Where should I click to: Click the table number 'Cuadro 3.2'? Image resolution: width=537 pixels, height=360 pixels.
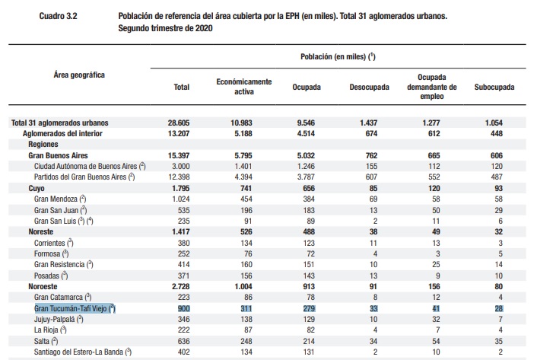click(59, 16)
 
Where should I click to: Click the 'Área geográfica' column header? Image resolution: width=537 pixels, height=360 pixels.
click(79, 75)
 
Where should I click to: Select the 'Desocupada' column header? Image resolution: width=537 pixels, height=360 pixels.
click(369, 87)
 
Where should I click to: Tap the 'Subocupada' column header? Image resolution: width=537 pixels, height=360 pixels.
click(494, 87)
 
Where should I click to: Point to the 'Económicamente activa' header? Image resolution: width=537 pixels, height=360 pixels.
click(244, 87)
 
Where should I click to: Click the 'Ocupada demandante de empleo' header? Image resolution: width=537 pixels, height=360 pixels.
click(432, 87)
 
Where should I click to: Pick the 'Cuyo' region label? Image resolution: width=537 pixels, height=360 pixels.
click(37, 189)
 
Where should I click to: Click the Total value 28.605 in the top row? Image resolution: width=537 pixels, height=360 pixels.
click(179, 123)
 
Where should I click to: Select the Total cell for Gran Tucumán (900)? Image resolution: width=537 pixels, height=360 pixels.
click(183, 308)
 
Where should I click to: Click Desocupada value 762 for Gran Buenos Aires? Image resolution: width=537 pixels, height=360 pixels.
click(371, 155)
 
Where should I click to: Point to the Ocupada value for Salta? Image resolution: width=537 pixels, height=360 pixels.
click(309, 341)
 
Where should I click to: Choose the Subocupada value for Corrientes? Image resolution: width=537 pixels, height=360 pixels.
click(500, 243)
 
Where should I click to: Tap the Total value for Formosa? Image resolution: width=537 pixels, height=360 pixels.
click(183, 253)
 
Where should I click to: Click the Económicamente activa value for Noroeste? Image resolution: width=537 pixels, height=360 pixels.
click(243, 286)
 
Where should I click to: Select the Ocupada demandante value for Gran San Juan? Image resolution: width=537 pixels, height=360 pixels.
click(436, 210)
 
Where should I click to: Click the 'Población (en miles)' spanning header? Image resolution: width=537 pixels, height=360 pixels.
click(338, 56)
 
